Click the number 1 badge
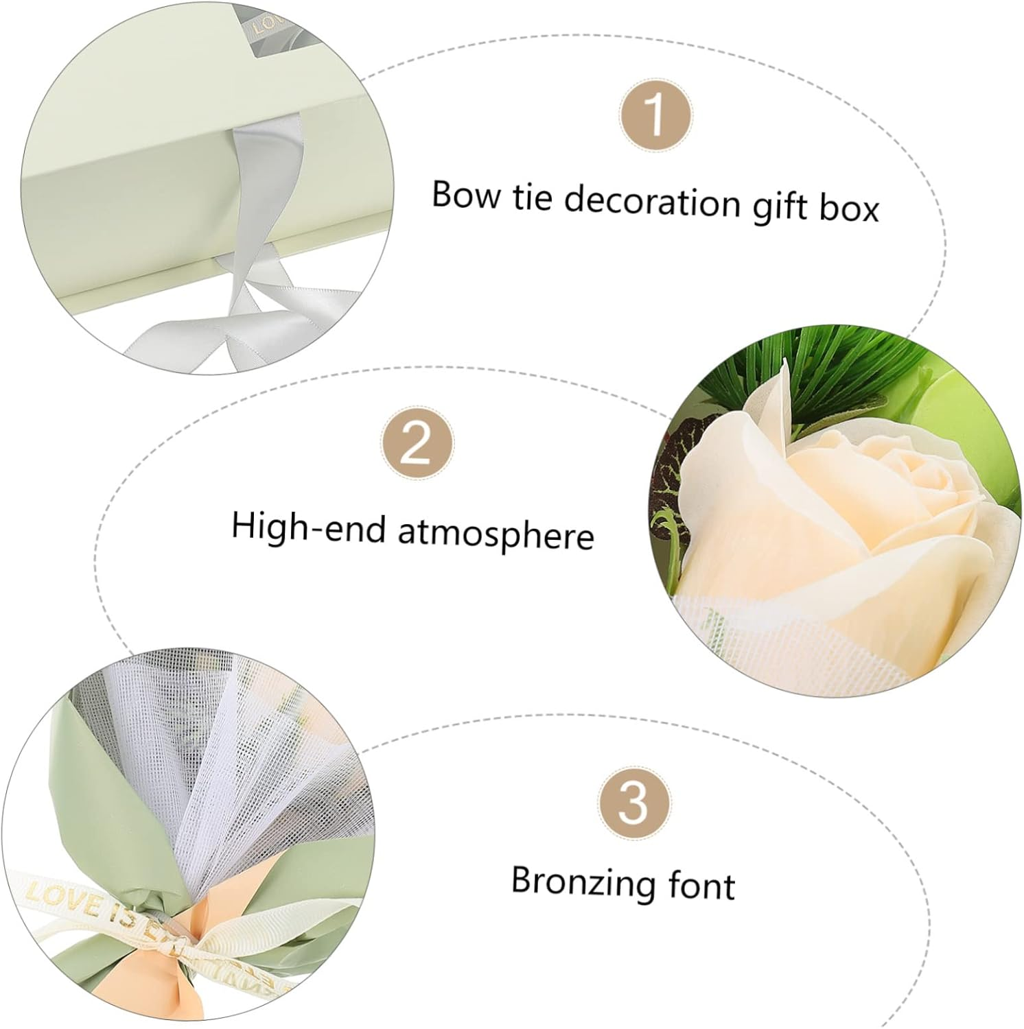655,115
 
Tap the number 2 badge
417,445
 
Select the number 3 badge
633,802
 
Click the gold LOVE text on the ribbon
55,895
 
